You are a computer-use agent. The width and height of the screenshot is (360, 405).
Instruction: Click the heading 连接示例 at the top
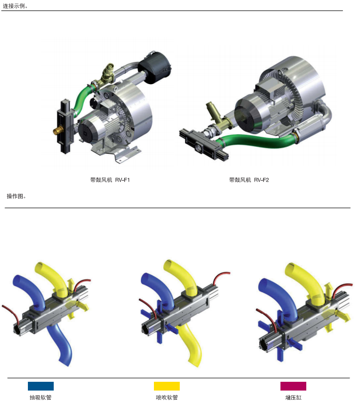click(x=14, y=6)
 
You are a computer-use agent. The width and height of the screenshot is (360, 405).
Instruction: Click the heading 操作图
click(x=15, y=196)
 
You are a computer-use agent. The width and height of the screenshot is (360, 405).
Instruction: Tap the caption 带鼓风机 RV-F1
click(x=110, y=180)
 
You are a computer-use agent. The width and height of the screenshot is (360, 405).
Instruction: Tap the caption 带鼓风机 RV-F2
click(x=249, y=180)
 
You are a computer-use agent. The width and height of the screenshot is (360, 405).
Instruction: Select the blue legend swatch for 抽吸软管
click(x=41, y=386)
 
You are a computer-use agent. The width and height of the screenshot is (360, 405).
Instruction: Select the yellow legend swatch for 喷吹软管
click(x=167, y=386)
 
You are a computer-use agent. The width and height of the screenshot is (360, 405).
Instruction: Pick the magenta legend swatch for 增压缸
click(x=293, y=386)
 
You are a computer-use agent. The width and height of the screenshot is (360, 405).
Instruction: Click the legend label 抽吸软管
click(x=41, y=397)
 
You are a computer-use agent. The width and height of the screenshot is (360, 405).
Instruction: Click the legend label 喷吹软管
click(x=167, y=397)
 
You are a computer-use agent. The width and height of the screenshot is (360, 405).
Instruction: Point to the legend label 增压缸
click(x=293, y=397)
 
